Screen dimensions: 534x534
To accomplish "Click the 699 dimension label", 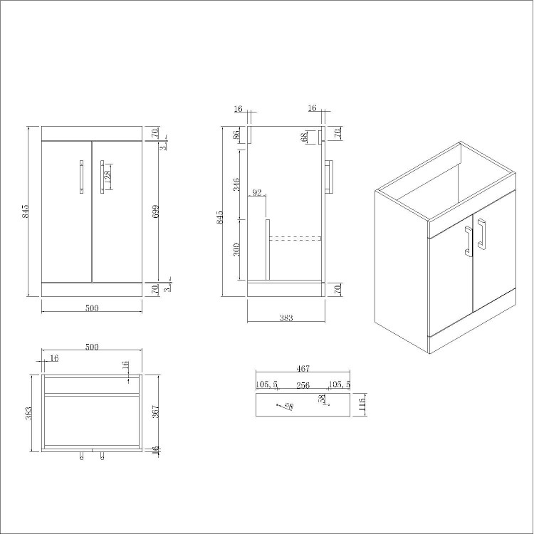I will coord(155,211).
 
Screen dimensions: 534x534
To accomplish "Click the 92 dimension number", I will coord(257,192).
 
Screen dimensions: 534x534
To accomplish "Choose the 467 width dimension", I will coord(303,368).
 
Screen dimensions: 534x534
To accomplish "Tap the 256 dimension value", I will coord(303,384).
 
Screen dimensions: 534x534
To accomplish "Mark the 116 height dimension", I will coord(361,405).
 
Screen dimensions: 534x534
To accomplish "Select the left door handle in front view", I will coord(81,177).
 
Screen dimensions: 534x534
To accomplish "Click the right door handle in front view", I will coord(102,177).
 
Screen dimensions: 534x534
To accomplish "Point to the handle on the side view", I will coord(329,177).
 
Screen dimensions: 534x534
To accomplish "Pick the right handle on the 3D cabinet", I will coord(483,234).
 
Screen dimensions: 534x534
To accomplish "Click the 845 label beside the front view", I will coord(26,211).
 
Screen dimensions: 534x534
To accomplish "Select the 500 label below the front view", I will coord(91,308).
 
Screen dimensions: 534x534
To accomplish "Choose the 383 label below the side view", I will coord(286,318).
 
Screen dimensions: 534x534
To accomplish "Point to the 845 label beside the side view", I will coord(220,216).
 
